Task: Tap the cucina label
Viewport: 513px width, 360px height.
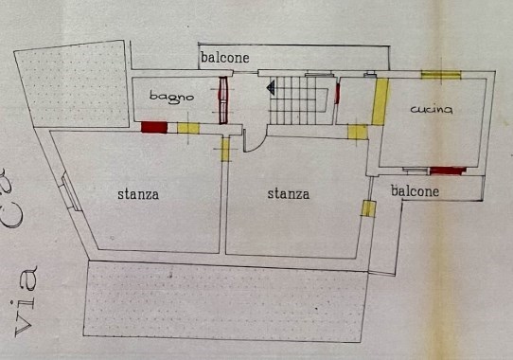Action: pos(432,111)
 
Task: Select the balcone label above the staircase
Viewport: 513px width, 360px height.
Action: pos(225,59)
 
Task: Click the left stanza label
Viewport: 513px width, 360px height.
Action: pos(138,195)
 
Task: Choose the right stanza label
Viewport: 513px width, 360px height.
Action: pos(288,195)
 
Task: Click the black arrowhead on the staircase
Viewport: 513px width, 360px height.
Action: pos(271,88)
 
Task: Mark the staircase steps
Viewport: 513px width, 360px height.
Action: pos(301,101)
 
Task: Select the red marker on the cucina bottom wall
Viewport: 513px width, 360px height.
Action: pos(448,171)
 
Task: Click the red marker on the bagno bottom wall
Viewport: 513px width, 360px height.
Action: pos(152,128)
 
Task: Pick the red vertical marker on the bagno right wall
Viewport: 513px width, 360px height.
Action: pos(224,100)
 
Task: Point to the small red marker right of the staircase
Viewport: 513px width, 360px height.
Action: pos(338,95)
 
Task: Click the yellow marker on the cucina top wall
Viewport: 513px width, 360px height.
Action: pos(440,75)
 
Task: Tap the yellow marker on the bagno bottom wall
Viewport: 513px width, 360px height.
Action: pos(188,128)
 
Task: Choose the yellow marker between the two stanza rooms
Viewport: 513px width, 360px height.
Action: pos(225,152)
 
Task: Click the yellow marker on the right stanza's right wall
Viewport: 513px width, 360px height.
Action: pos(364,208)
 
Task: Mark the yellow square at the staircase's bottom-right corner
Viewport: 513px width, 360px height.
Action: pos(358,132)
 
